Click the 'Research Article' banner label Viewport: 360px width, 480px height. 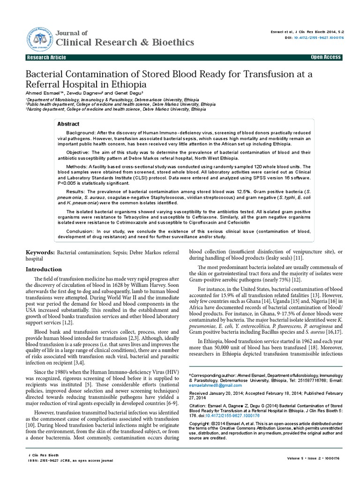(46, 57)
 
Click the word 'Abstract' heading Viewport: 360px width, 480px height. (68, 124)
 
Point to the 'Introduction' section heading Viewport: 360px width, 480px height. (43, 270)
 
